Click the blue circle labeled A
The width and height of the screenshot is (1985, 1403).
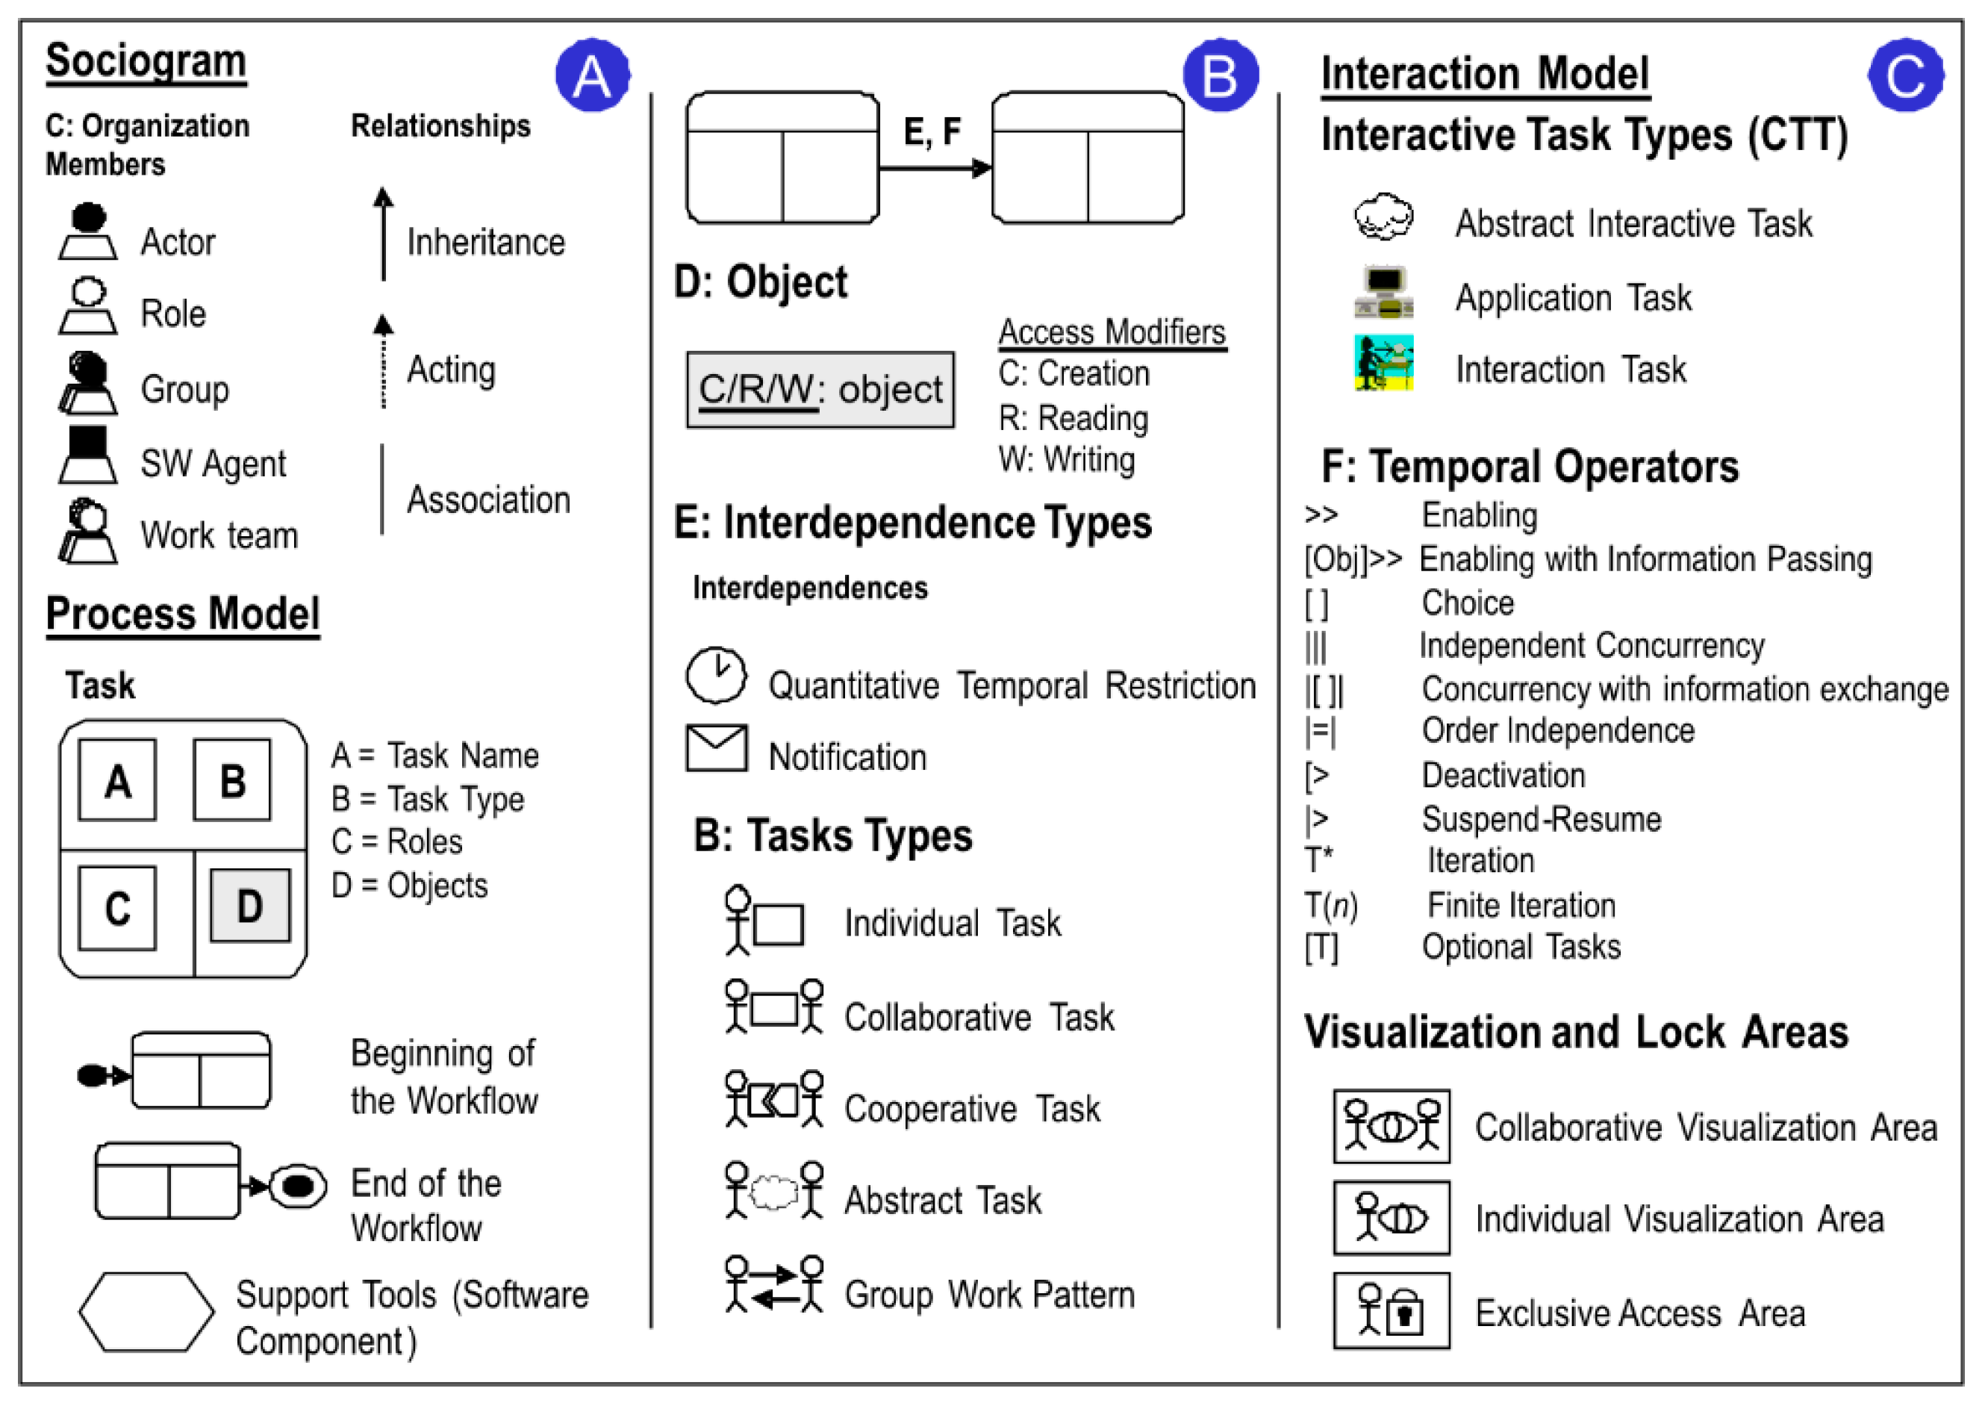(592, 75)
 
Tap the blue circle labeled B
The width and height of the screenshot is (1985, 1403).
(1220, 75)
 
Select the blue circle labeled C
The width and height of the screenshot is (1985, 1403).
(1905, 75)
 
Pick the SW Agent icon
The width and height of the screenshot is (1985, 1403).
(87, 455)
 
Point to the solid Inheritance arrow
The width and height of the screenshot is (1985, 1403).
(383, 234)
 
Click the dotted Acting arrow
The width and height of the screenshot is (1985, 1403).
(383, 361)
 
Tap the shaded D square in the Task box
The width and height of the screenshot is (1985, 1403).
(250, 906)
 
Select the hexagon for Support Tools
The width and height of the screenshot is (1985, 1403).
(146, 1311)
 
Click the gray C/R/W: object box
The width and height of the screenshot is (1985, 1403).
(820, 390)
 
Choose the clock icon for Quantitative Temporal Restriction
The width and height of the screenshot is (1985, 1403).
(716, 676)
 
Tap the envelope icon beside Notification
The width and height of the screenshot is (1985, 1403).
(716, 748)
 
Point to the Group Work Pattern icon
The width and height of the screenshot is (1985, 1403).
(774, 1284)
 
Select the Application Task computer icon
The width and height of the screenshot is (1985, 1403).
(1383, 293)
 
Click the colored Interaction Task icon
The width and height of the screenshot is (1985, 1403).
(1383, 362)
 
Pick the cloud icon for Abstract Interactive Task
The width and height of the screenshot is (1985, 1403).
(1383, 217)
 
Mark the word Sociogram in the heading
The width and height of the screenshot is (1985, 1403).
(146, 61)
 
